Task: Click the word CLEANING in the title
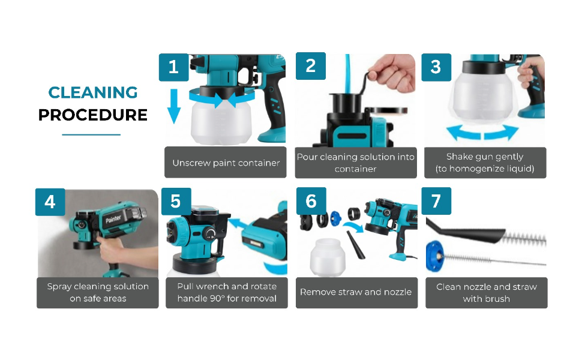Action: [93, 92]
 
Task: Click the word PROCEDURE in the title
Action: [93, 115]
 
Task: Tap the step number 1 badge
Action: [174, 67]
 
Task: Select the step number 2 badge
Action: [311, 66]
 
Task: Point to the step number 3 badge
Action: [436, 67]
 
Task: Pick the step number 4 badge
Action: [50, 202]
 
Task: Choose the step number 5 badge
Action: [176, 202]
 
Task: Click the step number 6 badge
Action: [311, 201]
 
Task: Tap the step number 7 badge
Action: [437, 201]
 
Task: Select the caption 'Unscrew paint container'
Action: [226, 163]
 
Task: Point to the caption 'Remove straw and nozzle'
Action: [356, 292]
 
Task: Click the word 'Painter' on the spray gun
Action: [113, 219]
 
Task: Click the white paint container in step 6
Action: [328, 257]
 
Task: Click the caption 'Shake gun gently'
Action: [485, 157]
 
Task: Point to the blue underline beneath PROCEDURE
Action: [91, 135]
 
